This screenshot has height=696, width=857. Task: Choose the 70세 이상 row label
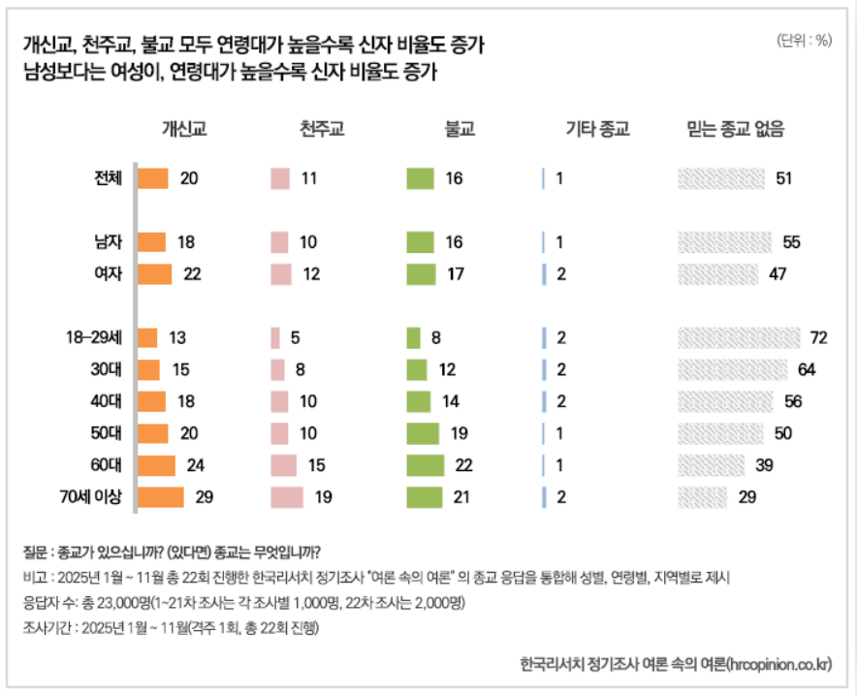(91, 497)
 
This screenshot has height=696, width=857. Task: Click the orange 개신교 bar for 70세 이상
(161, 497)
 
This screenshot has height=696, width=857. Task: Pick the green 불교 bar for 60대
(426, 465)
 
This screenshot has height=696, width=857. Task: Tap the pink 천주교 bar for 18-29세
(275, 337)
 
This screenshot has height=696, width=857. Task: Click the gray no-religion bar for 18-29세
(739, 337)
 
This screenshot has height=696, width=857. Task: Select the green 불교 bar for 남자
(420, 242)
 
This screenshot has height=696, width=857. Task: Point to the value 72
(817, 337)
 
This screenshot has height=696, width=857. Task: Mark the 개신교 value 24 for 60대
(195, 465)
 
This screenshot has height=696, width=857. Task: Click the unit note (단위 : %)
(804, 40)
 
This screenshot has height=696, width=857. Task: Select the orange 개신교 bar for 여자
(155, 274)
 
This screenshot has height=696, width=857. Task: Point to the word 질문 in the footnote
(36, 554)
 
